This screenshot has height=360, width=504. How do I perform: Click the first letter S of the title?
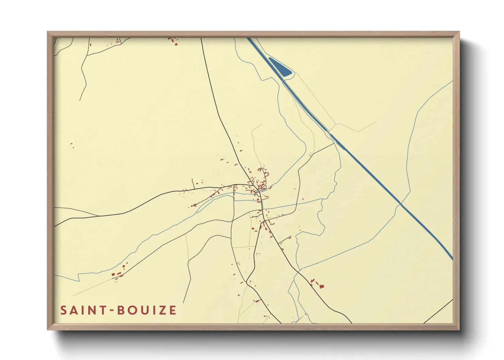63,310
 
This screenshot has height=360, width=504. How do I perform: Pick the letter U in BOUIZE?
143,310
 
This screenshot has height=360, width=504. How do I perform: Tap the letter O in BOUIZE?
132,310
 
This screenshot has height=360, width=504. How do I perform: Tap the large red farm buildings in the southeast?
318,284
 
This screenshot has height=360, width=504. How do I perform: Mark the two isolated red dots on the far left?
72,145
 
